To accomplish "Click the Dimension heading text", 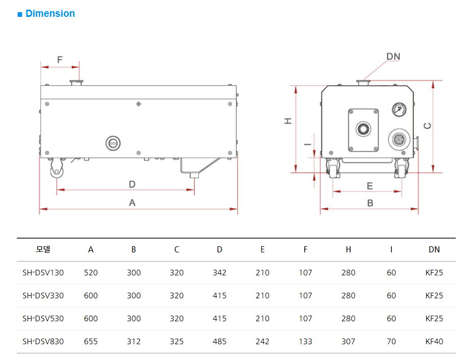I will coord(50,14).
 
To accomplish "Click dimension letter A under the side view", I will coord(132,202).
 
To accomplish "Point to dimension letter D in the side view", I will coord(132,184).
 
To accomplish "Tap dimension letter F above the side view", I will coord(60,60).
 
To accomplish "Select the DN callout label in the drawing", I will coord(393,56).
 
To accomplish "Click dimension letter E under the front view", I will coord(369,186).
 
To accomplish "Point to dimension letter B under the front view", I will coord(370,202).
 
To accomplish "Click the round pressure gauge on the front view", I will coord(399,110).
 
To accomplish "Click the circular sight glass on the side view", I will coord(113,143).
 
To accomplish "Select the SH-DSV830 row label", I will coord(43,342).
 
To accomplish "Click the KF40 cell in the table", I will coord(434,342).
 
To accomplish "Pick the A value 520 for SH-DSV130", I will coord(91,273).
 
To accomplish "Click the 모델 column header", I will coord(43,250).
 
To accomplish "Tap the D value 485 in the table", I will coord(219,342).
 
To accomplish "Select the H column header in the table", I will coord(348,250).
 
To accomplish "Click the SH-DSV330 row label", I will coord(43,296).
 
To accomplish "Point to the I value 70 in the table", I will coord(391,342).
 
